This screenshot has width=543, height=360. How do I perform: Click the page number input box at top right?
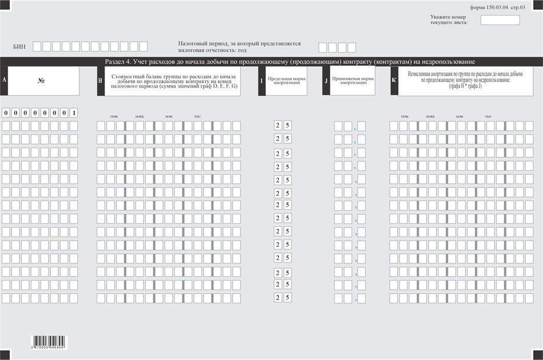[x=500, y=20]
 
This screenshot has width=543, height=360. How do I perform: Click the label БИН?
[x=19, y=46]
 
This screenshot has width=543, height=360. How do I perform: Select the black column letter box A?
[x=5, y=80]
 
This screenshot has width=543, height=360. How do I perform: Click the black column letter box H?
[x=101, y=81]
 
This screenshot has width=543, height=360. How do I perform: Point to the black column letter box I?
[x=262, y=81]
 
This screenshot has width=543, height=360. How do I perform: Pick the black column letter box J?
[x=326, y=81]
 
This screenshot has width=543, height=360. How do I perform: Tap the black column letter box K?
[x=394, y=81]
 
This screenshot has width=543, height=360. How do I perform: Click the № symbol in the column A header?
[x=41, y=81]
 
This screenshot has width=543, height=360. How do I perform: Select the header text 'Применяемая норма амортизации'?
[x=353, y=81]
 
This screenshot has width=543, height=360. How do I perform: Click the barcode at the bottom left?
[x=49, y=342]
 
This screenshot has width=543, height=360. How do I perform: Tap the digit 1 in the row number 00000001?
[x=74, y=113]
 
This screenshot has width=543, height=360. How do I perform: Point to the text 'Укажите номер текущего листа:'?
[x=449, y=19]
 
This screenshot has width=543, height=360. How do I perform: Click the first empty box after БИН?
[x=37, y=46]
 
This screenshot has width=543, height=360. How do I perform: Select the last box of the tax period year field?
[x=352, y=47]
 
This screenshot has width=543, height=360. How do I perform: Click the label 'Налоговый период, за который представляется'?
[x=239, y=43]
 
